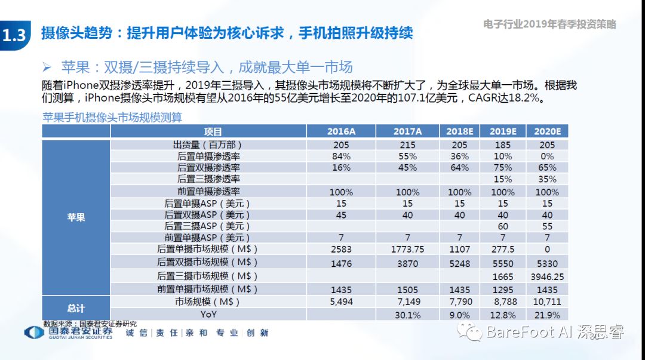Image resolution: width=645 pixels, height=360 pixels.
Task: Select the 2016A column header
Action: click(341, 131)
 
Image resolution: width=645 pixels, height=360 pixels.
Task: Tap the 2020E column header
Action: click(547, 131)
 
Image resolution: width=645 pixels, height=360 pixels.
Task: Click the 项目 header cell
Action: click(213, 131)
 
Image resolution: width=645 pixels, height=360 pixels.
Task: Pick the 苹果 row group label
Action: click(76, 217)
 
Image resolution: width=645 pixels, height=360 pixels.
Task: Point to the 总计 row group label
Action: click(76, 308)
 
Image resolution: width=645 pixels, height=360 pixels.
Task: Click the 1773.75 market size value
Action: click(408, 249)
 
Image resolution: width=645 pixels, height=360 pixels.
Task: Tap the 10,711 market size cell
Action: click(547, 302)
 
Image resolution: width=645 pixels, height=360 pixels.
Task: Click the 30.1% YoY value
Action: click(408, 315)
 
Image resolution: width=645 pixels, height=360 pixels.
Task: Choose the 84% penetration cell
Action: click(341, 156)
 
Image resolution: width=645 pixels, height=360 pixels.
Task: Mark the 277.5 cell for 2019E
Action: click(502, 249)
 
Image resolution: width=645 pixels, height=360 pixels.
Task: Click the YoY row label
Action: click(208, 315)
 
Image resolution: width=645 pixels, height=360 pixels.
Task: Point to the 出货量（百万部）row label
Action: click(208, 144)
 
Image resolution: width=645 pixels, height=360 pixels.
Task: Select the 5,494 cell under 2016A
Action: click(341, 302)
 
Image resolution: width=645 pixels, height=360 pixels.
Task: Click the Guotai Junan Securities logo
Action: click(69, 333)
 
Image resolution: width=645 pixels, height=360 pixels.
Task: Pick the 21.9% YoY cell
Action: click(547, 315)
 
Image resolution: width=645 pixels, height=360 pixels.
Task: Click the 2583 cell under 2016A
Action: click(341, 249)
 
